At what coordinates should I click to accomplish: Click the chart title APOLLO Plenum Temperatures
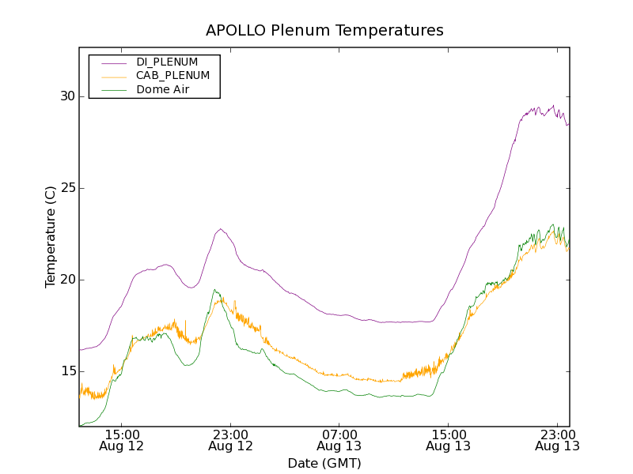click(324, 31)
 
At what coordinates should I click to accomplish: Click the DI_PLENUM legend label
click(167, 62)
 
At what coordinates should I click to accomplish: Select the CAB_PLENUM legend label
click(172, 76)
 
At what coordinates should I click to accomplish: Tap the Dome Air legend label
click(163, 90)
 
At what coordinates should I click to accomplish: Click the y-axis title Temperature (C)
click(51, 237)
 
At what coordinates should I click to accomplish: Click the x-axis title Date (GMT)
click(324, 463)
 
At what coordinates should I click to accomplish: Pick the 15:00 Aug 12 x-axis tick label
click(122, 440)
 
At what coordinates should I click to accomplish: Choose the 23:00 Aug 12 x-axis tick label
click(230, 440)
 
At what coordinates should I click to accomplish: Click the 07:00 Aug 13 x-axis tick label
click(339, 440)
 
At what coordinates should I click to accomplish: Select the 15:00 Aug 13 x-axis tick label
click(448, 440)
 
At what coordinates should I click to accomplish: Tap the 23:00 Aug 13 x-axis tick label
click(557, 440)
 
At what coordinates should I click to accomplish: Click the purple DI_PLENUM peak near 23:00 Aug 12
click(220, 229)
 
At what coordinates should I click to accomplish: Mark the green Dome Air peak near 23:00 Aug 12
click(214, 289)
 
